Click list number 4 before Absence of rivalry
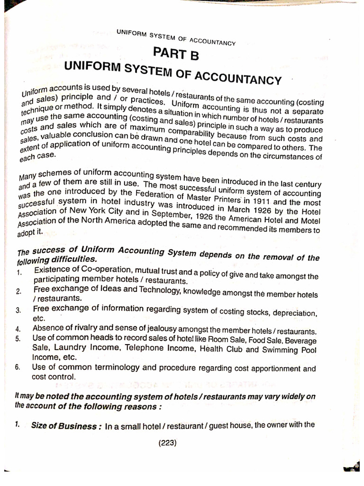point(18,328)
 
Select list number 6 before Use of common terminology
point(18,368)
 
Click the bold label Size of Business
point(65,426)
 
